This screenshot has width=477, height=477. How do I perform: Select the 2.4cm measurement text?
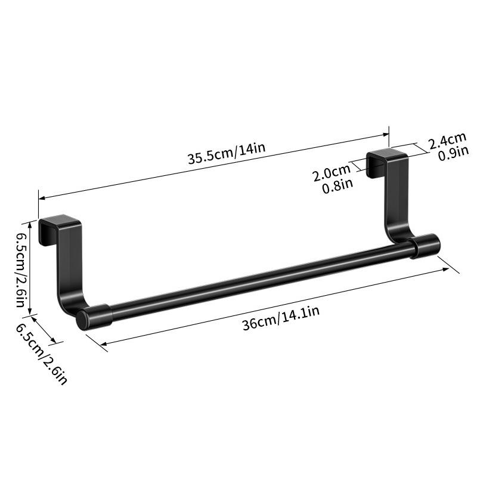(x=447, y=144)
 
